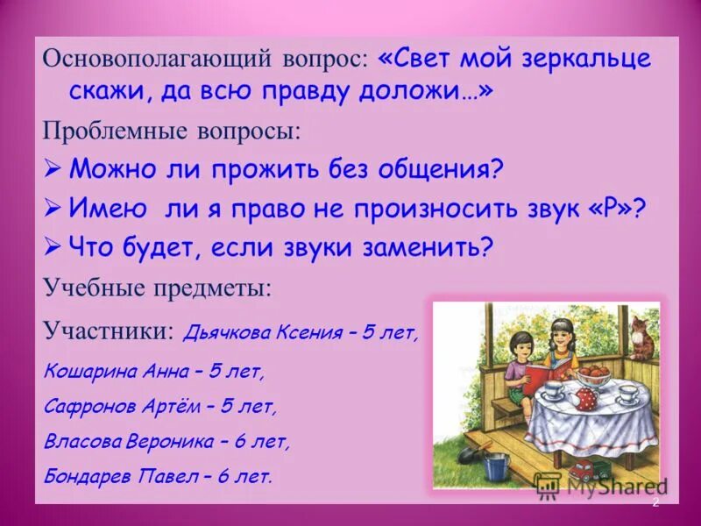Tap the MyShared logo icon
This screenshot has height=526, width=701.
point(548,484)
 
